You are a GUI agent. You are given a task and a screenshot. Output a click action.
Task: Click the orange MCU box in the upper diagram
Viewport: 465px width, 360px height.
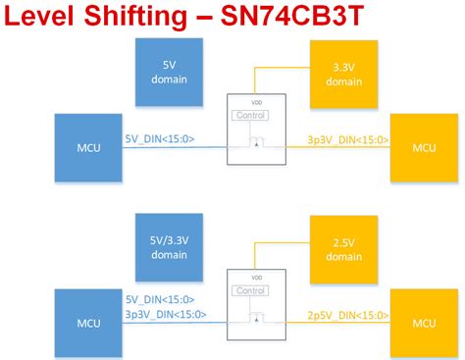pos(424,147)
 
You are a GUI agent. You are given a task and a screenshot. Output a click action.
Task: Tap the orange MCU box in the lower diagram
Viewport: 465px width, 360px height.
pos(424,322)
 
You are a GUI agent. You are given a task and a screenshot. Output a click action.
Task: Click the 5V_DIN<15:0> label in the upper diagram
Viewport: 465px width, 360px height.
pos(159,139)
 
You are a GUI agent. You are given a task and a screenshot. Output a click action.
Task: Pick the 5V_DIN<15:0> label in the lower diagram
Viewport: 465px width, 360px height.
pos(159,300)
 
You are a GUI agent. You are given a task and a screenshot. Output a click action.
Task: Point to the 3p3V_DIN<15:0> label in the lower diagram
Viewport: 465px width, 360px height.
pos(165,314)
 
